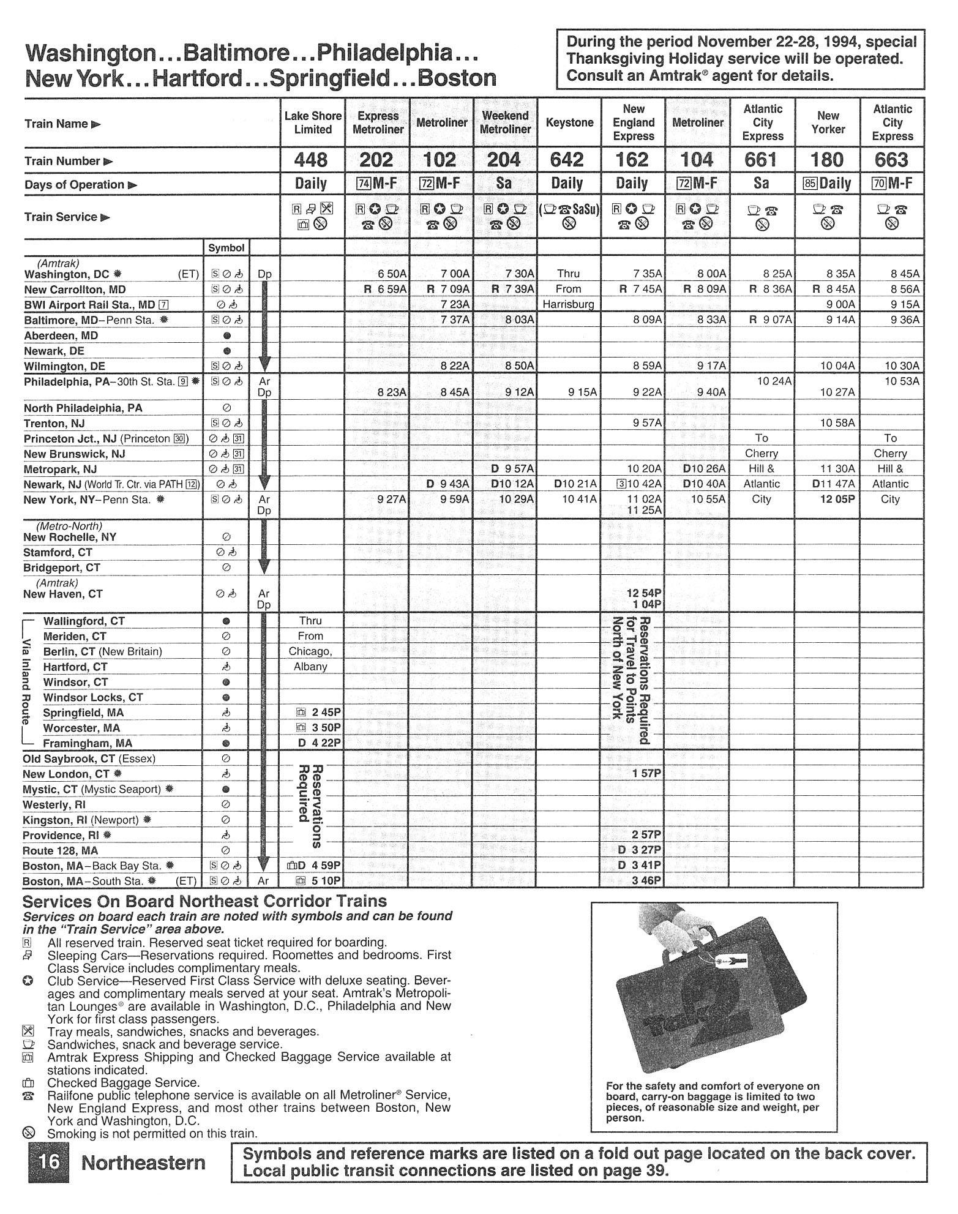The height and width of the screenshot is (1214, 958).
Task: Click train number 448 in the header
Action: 311,160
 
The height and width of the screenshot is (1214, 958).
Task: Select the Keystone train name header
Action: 569,122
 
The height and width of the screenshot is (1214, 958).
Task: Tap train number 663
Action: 892,160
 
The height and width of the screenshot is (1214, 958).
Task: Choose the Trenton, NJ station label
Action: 54,424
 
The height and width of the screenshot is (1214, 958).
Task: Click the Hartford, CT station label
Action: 75,667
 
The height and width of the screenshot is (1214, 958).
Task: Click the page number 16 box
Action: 47,1161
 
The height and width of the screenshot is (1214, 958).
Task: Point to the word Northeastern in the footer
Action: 143,1163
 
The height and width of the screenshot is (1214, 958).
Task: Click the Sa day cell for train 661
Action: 762,184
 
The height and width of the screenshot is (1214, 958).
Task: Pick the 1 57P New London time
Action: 646,774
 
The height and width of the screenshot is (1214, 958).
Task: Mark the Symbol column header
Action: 226,248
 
